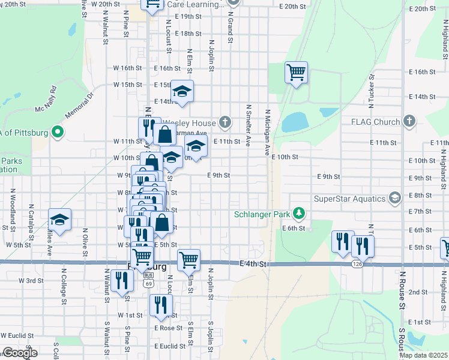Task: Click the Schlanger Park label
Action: click(x=261, y=214)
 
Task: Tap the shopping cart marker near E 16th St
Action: click(x=297, y=73)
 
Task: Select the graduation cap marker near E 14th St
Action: click(x=182, y=91)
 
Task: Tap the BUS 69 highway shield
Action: click(x=148, y=278)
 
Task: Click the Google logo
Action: click(x=20, y=353)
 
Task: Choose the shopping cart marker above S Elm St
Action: click(x=188, y=260)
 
